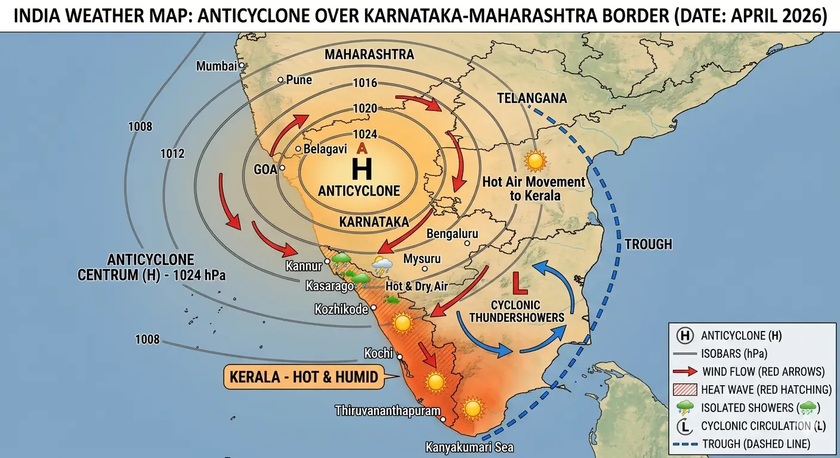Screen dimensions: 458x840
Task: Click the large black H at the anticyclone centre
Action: pyautogui.click(x=362, y=169)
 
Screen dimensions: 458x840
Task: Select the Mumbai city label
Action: pyautogui.click(x=217, y=66)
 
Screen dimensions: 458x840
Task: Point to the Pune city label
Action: pyautogui.click(x=299, y=79)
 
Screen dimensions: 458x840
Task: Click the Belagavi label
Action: pyautogui.click(x=325, y=149)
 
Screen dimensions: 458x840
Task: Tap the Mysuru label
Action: pyautogui.click(x=422, y=259)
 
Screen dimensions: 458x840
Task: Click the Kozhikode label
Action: pyautogui.click(x=341, y=309)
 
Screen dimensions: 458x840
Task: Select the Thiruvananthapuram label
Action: pyautogui.click(x=387, y=410)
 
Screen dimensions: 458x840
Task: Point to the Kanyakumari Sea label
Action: pyautogui.click(x=470, y=447)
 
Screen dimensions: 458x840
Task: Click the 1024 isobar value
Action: pyautogui.click(x=365, y=135)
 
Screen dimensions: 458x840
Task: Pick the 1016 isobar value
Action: pyautogui.click(x=365, y=83)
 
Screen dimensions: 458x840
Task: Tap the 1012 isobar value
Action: pyautogui.click(x=172, y=154)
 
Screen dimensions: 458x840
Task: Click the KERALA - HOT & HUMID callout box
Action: pyautogui.click(x=303, y=377)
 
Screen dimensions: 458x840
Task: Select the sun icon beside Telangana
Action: pyautogui.click(x=535, y=161)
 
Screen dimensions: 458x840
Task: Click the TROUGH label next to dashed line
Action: pyautogui.click(x=648, y=244)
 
